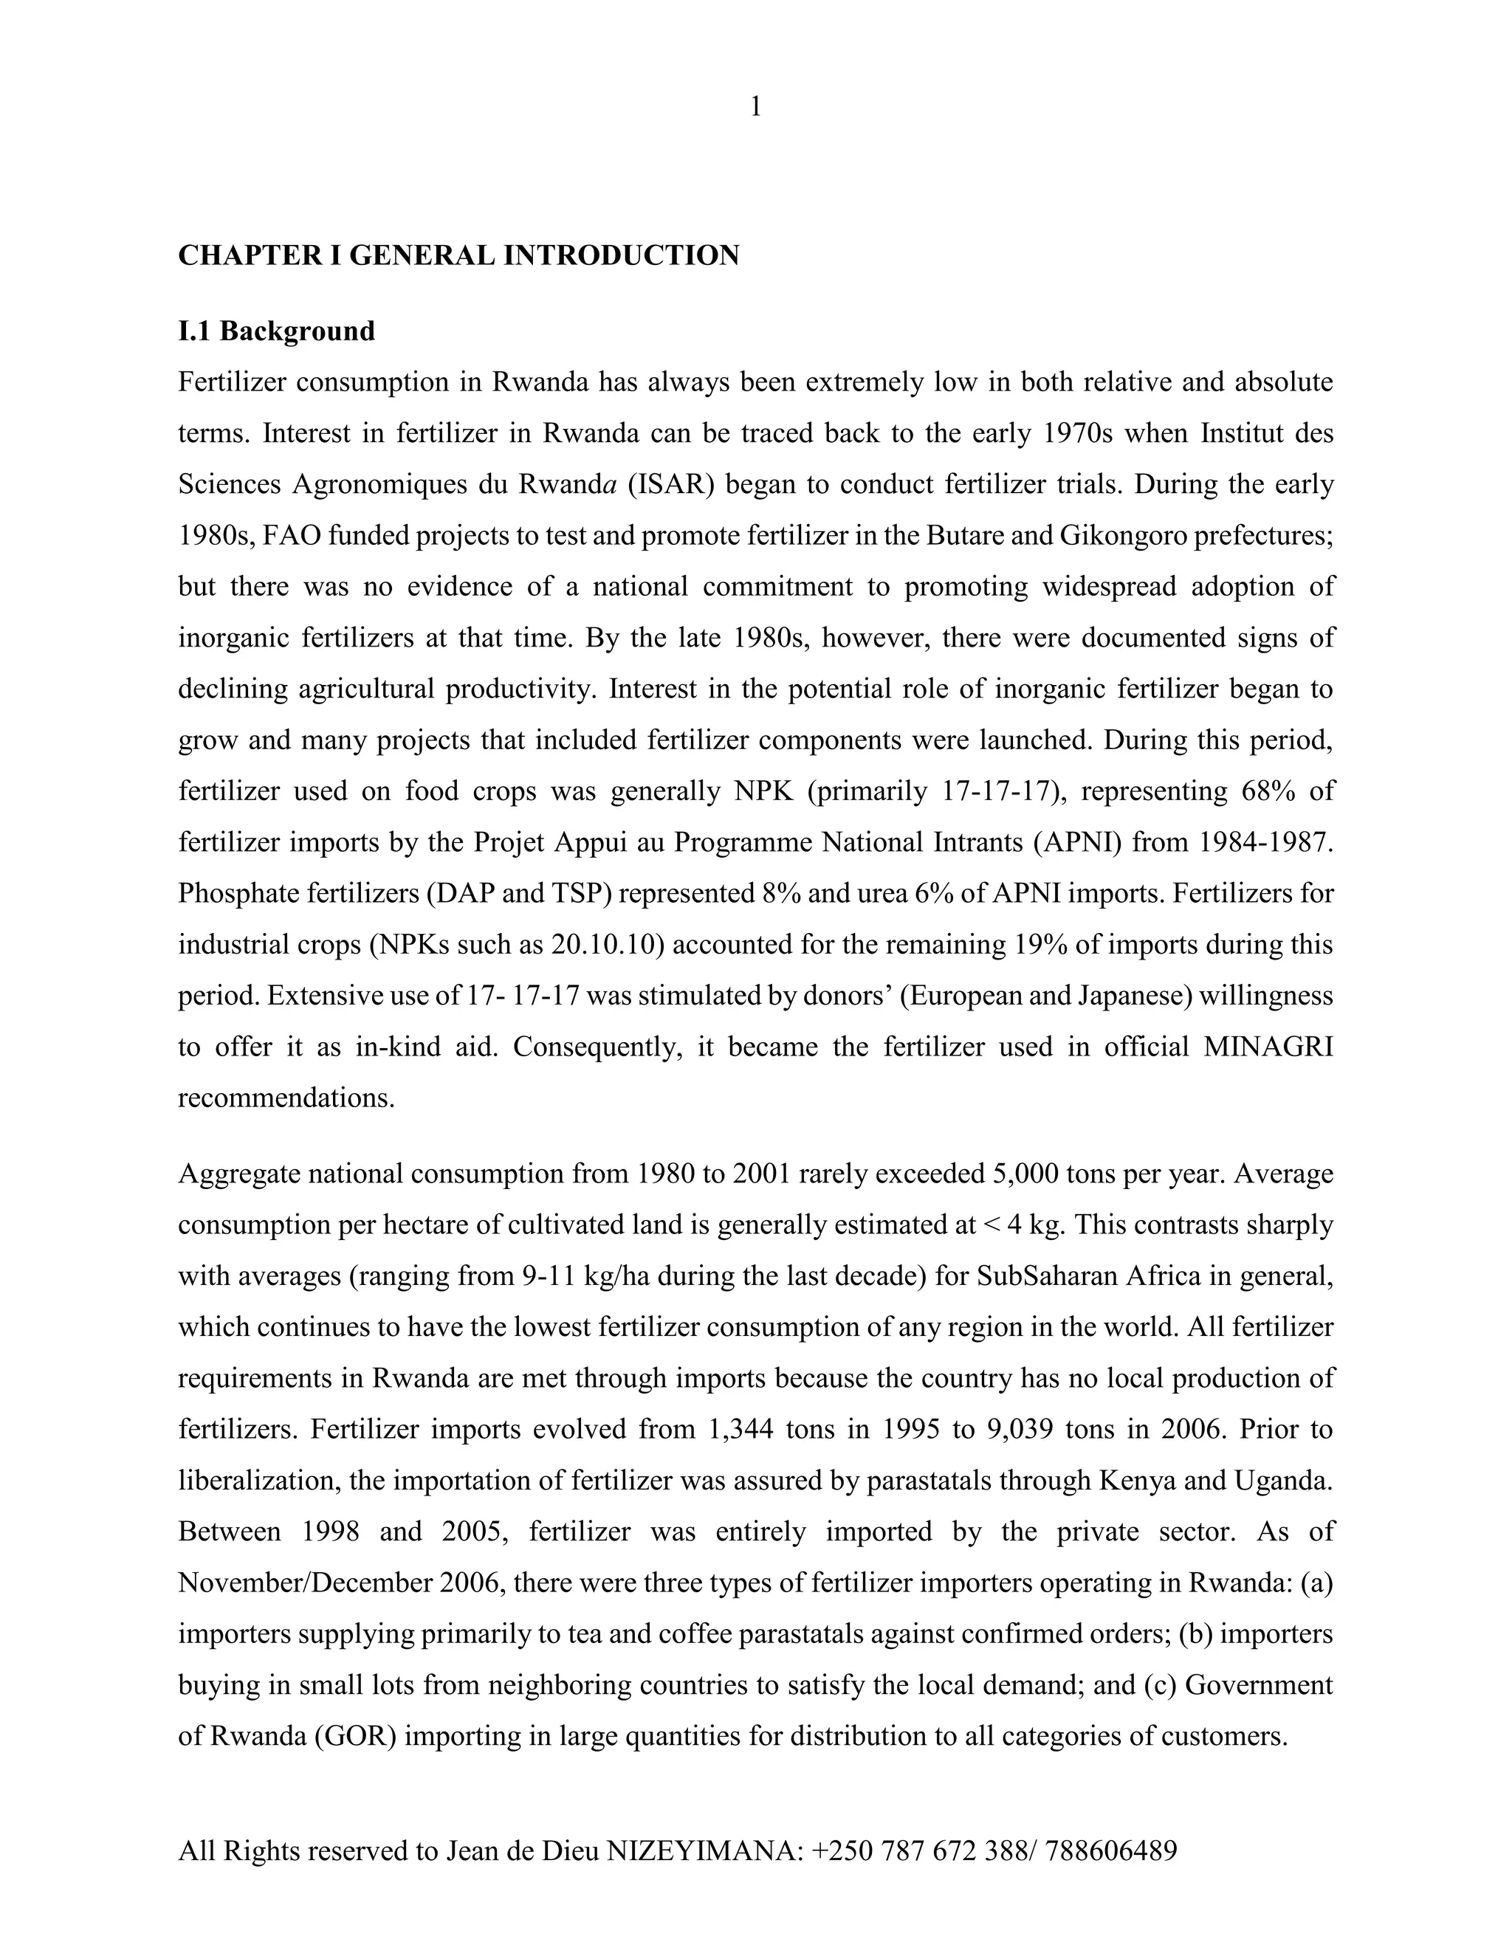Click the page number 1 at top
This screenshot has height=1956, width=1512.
[755, 108]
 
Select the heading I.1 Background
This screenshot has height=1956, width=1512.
[276, 331]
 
